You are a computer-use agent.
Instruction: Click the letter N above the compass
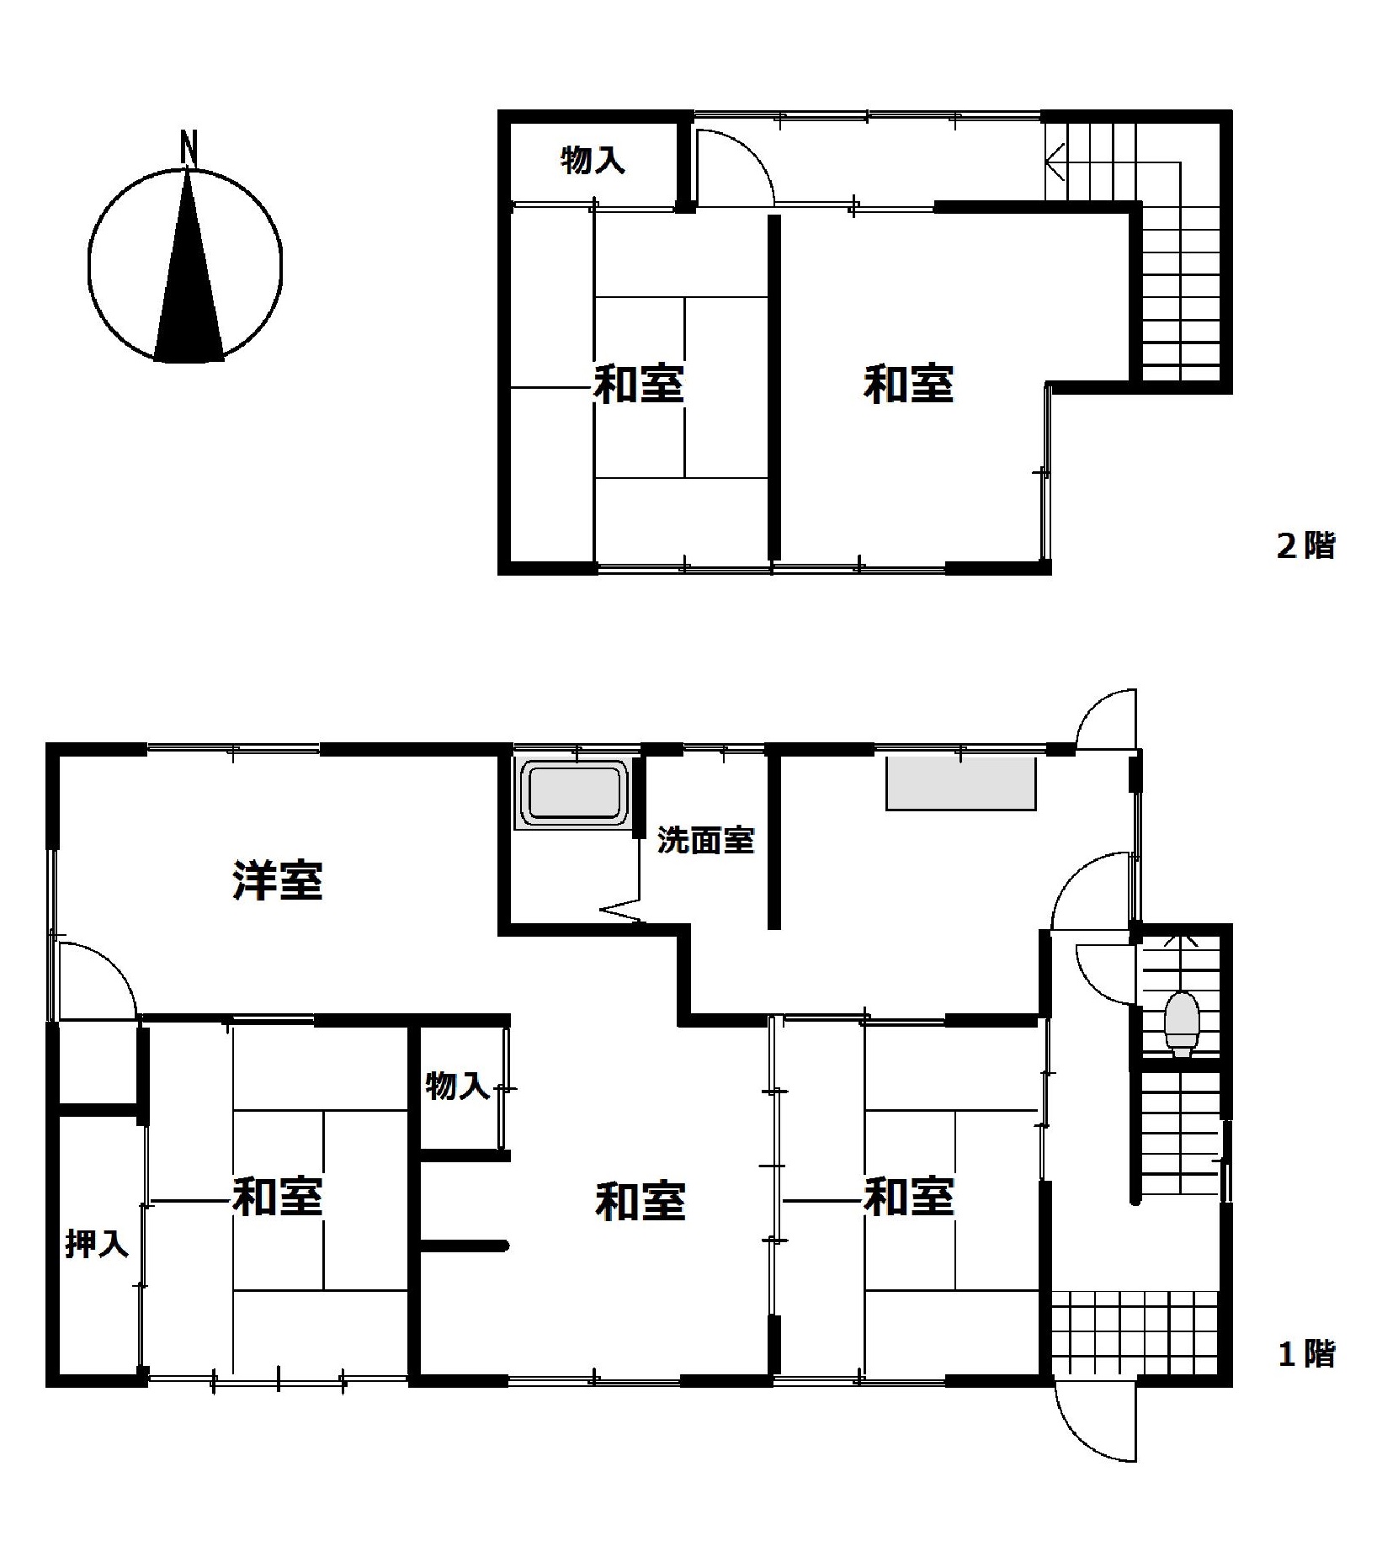pos(189,147)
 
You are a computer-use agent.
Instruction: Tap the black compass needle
pos(189,278)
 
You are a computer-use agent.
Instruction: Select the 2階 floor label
pos(1305,546)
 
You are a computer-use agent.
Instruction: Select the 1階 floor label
pos(1306,1354)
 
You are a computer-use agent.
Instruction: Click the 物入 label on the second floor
pos(593,159)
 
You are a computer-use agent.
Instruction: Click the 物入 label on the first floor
pos(457,1085)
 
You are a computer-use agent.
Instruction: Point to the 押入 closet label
pos(97,1243)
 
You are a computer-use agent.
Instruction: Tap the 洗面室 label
pos(705,840)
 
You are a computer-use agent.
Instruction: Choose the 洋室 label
pos(277,880)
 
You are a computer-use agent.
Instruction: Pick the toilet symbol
pos(1181,1023)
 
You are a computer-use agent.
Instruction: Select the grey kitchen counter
pos(960,784)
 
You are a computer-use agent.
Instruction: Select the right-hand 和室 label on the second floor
pos(908,384)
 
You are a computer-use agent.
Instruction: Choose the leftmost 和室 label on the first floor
pos(278,1196)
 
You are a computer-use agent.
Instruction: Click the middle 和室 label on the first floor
pos(641,1200)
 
